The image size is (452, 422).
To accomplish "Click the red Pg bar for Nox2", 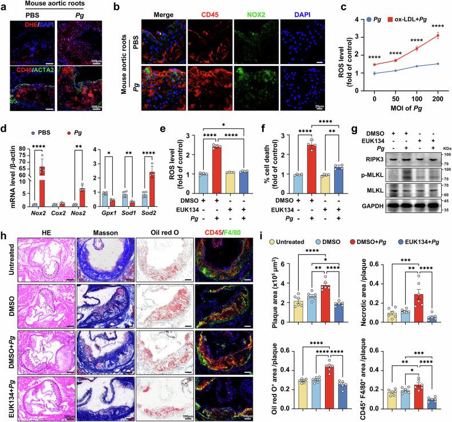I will (x=42, y=171).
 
